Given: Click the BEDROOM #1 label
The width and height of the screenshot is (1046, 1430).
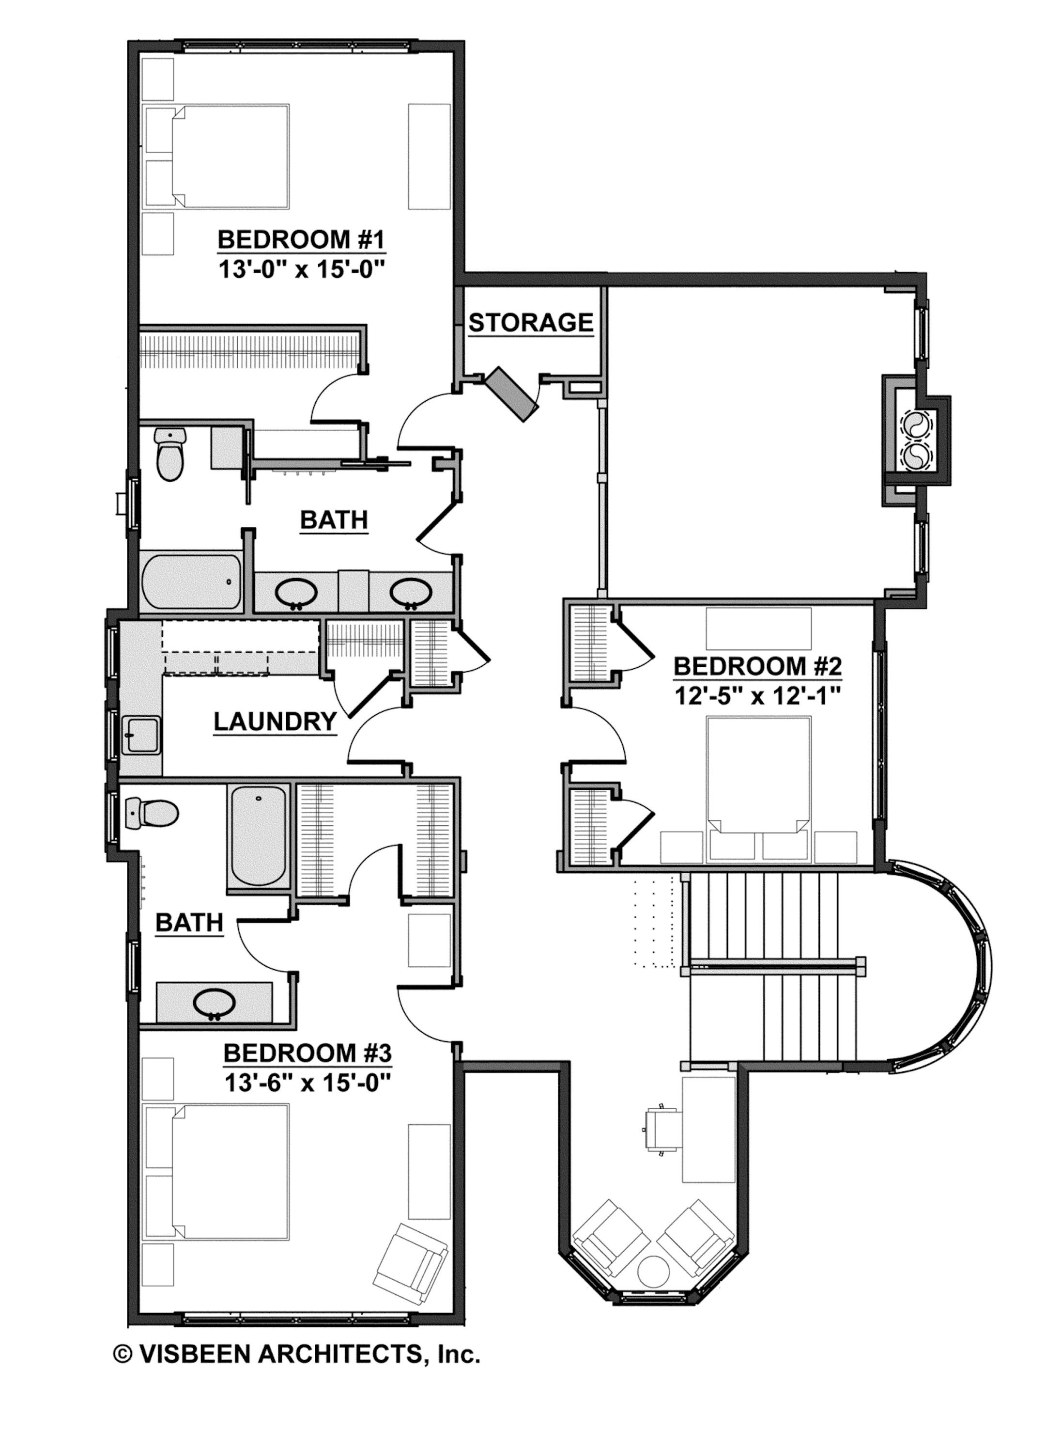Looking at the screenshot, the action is point(301,240).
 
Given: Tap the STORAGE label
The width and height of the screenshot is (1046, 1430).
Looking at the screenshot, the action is point(531,323).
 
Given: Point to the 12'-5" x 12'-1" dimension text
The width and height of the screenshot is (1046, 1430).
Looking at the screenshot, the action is point(756,696).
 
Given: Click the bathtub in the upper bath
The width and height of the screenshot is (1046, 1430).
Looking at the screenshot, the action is point(191,583).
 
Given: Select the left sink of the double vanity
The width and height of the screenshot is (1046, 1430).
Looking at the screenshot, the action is point(296,594).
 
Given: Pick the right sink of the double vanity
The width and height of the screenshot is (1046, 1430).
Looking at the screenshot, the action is point(410,594).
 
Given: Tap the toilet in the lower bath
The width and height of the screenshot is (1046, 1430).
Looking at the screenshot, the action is point(152,813).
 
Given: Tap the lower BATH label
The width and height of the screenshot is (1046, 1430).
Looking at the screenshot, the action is point(189,923).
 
